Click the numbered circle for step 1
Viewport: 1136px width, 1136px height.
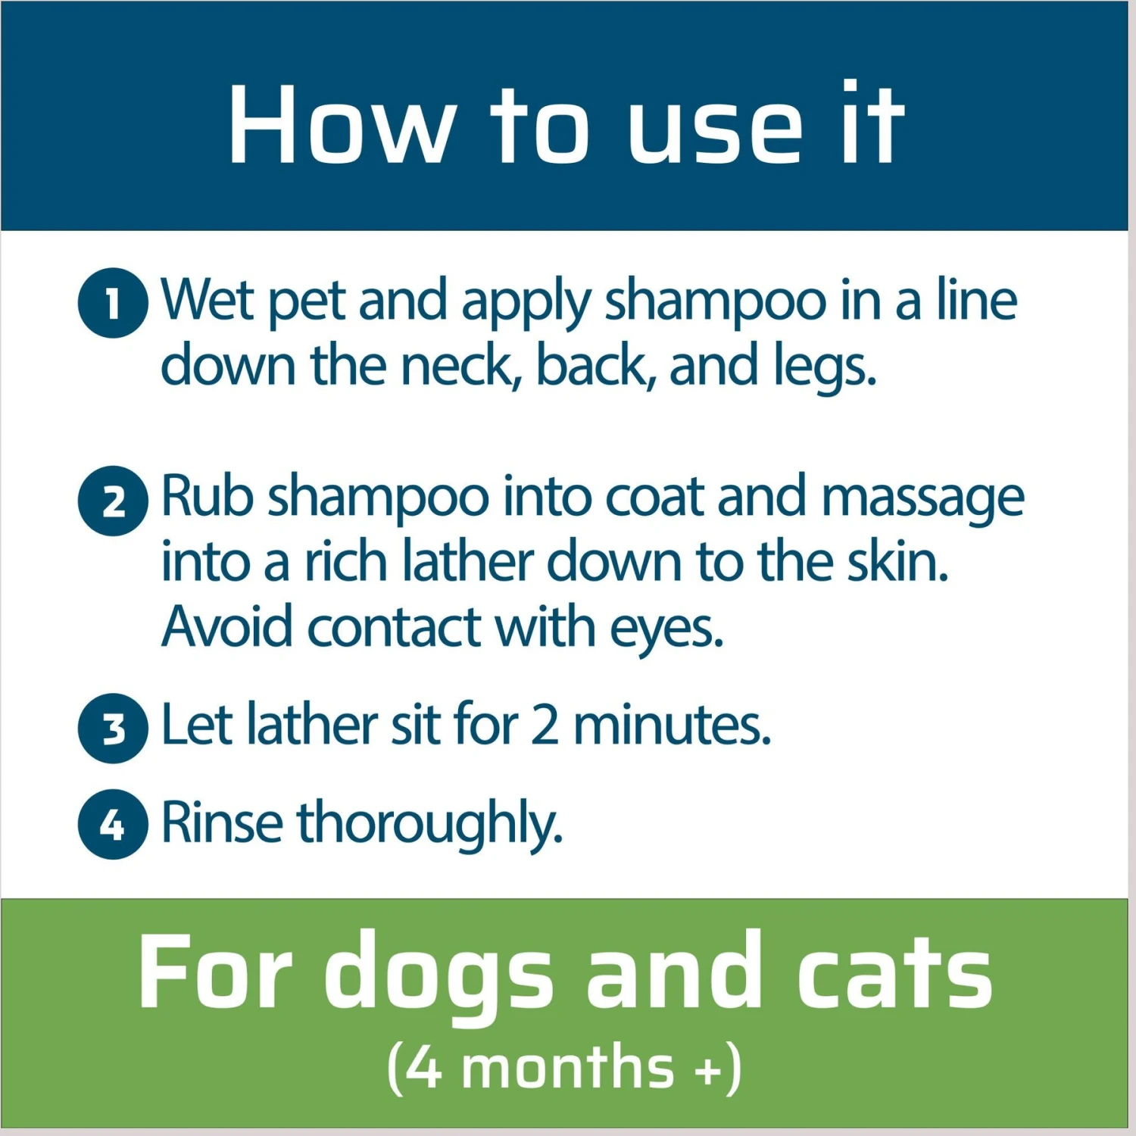(x=113, y=303)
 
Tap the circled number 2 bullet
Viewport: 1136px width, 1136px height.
(x=113, y=501)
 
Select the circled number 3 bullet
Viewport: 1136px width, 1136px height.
(x=113, y=729)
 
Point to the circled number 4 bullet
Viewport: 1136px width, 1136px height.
(x=113, y=824)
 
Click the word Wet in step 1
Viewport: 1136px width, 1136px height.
(x=207, y=300)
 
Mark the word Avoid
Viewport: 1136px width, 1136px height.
(x=226, y=627)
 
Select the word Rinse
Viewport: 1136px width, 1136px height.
(x=222, y=822)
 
